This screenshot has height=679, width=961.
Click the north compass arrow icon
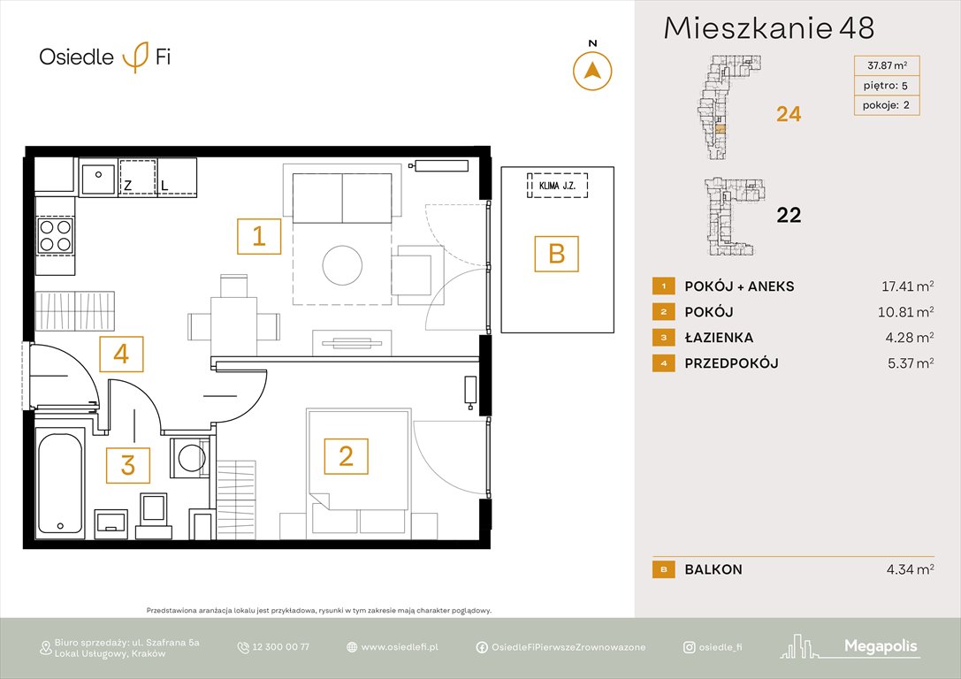pyautogui.click(x=592, y=71)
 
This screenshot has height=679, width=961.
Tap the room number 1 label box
pyautogui.click(x=259, y=236)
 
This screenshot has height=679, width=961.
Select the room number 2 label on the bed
pyautogui.click(x=346, y=455)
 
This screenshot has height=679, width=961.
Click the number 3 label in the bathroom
pyautogui.click(x=128, y=465)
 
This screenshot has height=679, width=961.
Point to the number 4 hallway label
pyautogui.click(x=121, y=354)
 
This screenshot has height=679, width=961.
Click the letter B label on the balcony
pyautogui.click(x=556, y=254)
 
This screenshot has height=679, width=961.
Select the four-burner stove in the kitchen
pyautogui.click(x=55, y=235)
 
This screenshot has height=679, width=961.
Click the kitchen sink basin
pyautogui.click(x=97, y=179)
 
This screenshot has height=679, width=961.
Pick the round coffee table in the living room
pyautogui.click(x=341, y=263)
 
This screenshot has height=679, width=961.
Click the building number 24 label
pyautogui.click(x=788, y=114)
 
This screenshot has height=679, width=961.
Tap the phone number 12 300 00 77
pyautogui.click(x=280, y=647)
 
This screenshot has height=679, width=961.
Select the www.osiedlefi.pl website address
pyautogui.click(x=400, y=647)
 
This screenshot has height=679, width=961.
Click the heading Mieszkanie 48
pyautogui.click(x=768, y=28)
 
